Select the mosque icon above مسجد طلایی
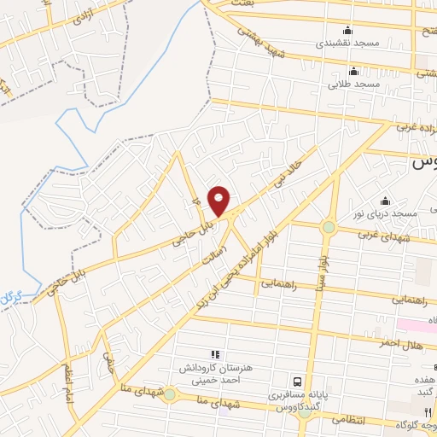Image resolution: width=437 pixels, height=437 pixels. (353, 72)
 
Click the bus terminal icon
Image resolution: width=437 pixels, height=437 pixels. (297, 382)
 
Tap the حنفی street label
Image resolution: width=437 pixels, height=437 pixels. (107, 365)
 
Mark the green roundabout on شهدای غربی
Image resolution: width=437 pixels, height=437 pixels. (328, 227)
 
